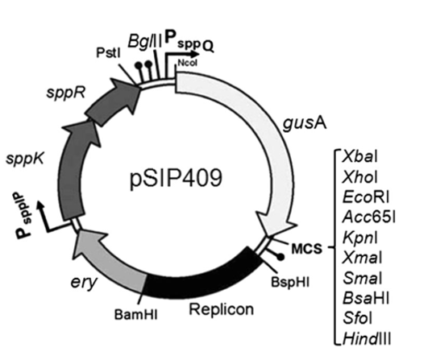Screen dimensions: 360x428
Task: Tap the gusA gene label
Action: click(299, 124)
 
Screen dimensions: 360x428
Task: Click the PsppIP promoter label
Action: click(20, 217)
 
